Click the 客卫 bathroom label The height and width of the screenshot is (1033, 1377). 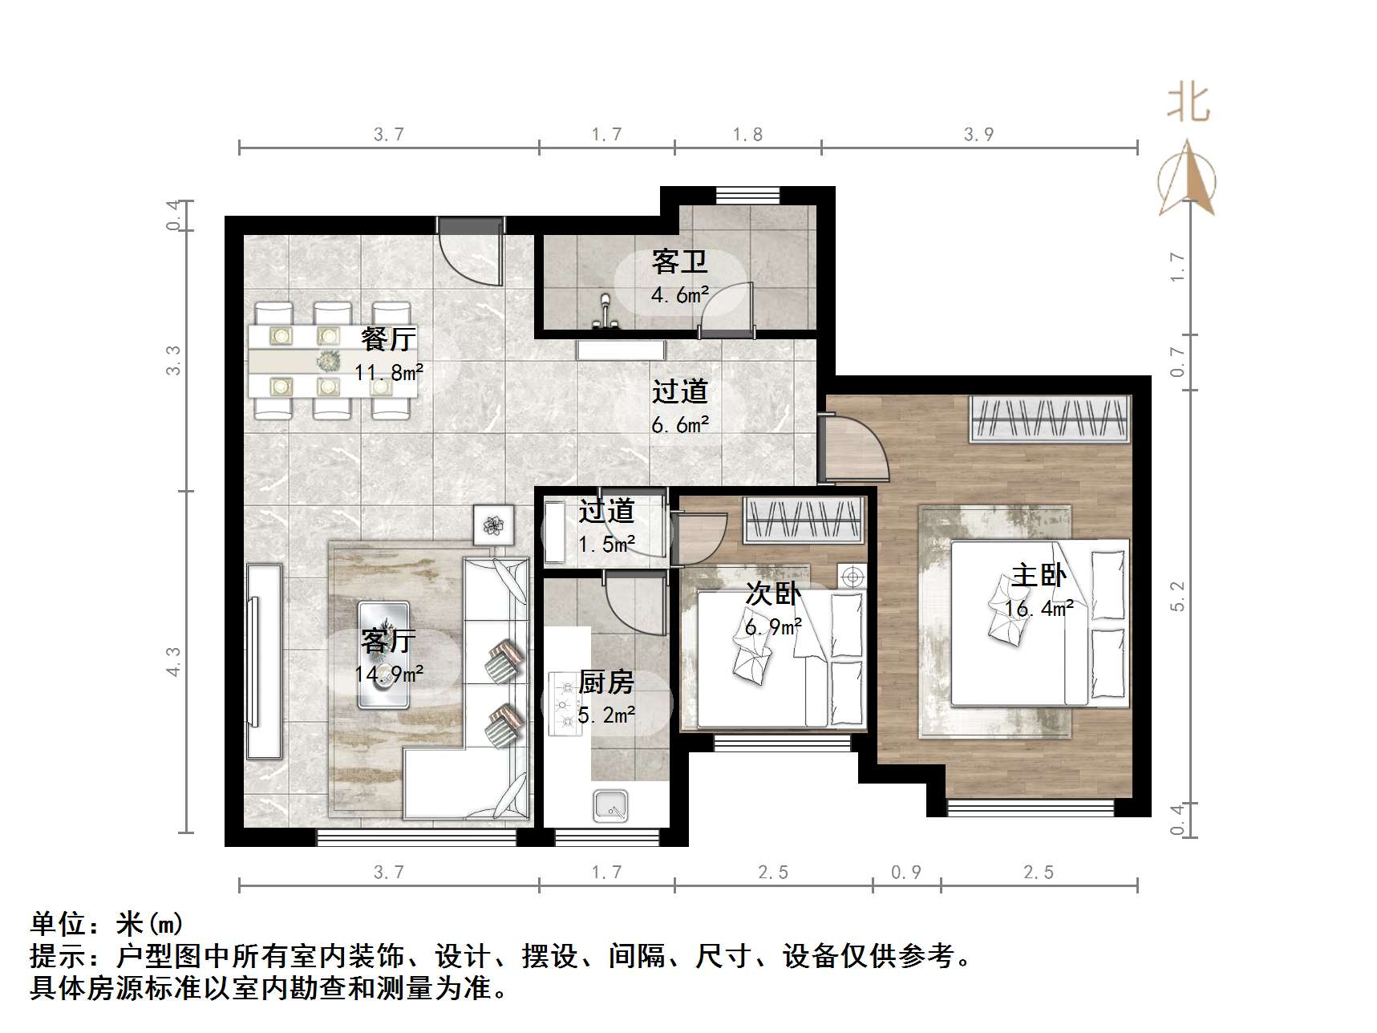[x=678, y=262]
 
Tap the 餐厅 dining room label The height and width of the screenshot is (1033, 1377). [x=388, y=339]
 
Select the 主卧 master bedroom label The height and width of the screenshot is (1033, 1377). [x=1039, y=576]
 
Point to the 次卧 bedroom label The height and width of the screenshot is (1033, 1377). [x=772, y=593]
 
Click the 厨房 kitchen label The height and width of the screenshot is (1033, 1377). [x=606, y=683]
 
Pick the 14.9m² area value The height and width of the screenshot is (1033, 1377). [x=389, y=674]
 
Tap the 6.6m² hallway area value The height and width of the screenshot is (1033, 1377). [x=680, y=424]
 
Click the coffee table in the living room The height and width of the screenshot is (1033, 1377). [x=383, y=655]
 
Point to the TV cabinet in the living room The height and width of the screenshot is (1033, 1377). [x=264, y=660]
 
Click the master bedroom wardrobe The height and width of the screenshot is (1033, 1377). [x=1049, y=419]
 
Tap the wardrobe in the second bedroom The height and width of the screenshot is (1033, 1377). [x=804, y=519]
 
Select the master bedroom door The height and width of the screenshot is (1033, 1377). [x=854, y=449]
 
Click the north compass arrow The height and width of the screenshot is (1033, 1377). [x=1188, y=179]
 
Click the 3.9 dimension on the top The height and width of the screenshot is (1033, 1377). [x=978, y=135]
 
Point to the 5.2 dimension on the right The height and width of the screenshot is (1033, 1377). [x=1177, y=597]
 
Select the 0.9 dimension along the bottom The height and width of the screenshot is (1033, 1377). [x=906, y=872]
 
